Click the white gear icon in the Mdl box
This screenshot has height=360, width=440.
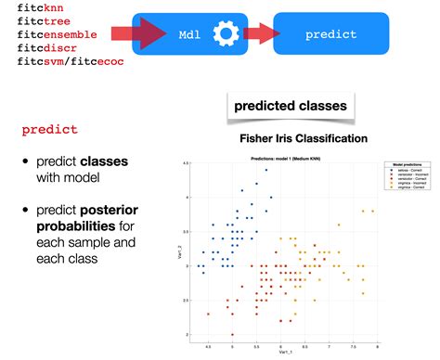click(224, 34)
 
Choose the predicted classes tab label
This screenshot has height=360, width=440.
click(291, 106)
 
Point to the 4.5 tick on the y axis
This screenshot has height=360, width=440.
click(186, 164)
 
